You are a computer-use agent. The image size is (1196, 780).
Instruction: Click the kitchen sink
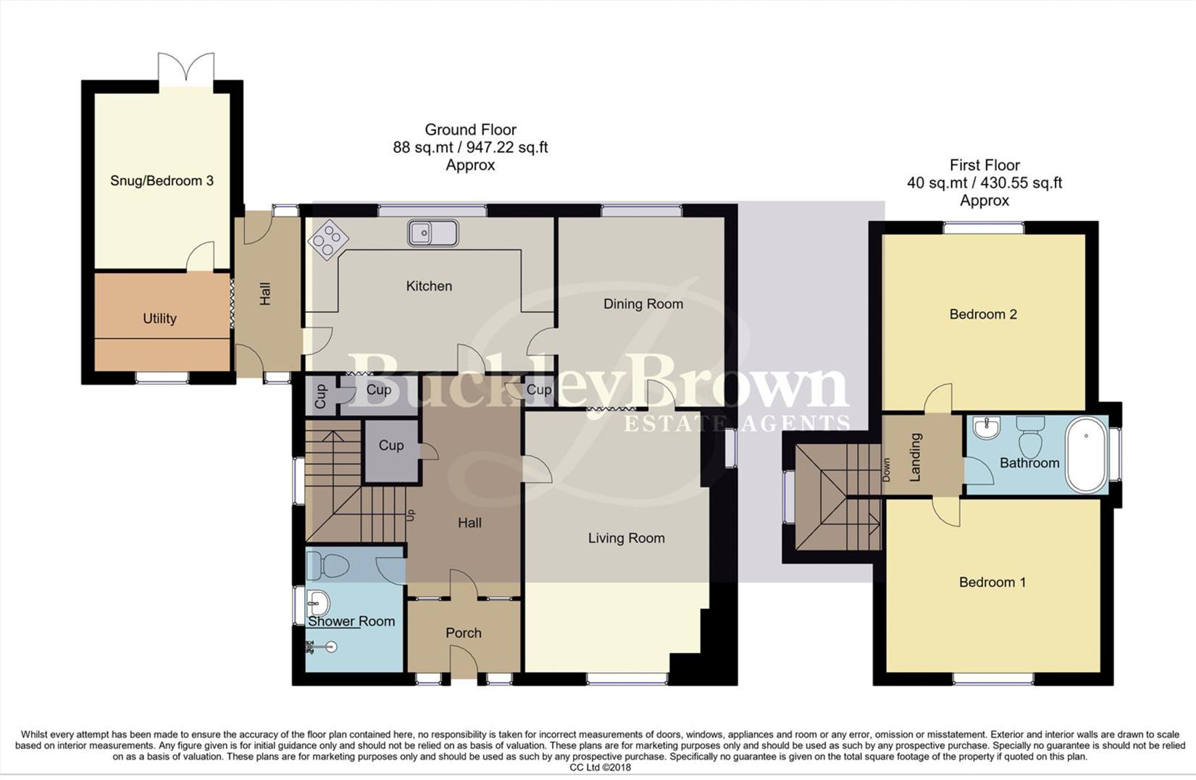click(433, 232)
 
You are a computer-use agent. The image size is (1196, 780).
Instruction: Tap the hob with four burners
click(328, 240)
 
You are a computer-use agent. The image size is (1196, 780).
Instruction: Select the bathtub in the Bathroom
click(1086, 454)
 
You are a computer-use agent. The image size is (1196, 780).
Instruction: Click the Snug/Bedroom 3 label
click(162, 181)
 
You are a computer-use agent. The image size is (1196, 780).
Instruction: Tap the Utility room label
click(159, 319)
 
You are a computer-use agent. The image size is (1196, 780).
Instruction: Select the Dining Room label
click(643, 304)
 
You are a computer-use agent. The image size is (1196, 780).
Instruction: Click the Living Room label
click(627, 538)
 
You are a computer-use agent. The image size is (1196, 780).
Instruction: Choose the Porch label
click(464, 633)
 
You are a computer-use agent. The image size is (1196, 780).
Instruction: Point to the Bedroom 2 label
click(983, 314)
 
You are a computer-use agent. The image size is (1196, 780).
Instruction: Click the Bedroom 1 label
click(992, 582)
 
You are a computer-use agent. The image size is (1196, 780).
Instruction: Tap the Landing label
click(915, 457)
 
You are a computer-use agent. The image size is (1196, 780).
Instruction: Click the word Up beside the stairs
click(411, 515)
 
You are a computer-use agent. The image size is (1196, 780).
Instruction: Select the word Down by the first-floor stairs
click(887, 470)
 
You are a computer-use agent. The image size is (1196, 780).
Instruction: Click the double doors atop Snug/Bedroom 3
click(186, 67)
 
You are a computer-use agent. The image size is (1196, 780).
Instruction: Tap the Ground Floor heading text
click(470, 130)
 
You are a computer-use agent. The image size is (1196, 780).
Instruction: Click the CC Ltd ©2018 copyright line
click(600, 768)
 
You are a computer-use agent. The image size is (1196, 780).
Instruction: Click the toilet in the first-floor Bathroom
click(1031, 436)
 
